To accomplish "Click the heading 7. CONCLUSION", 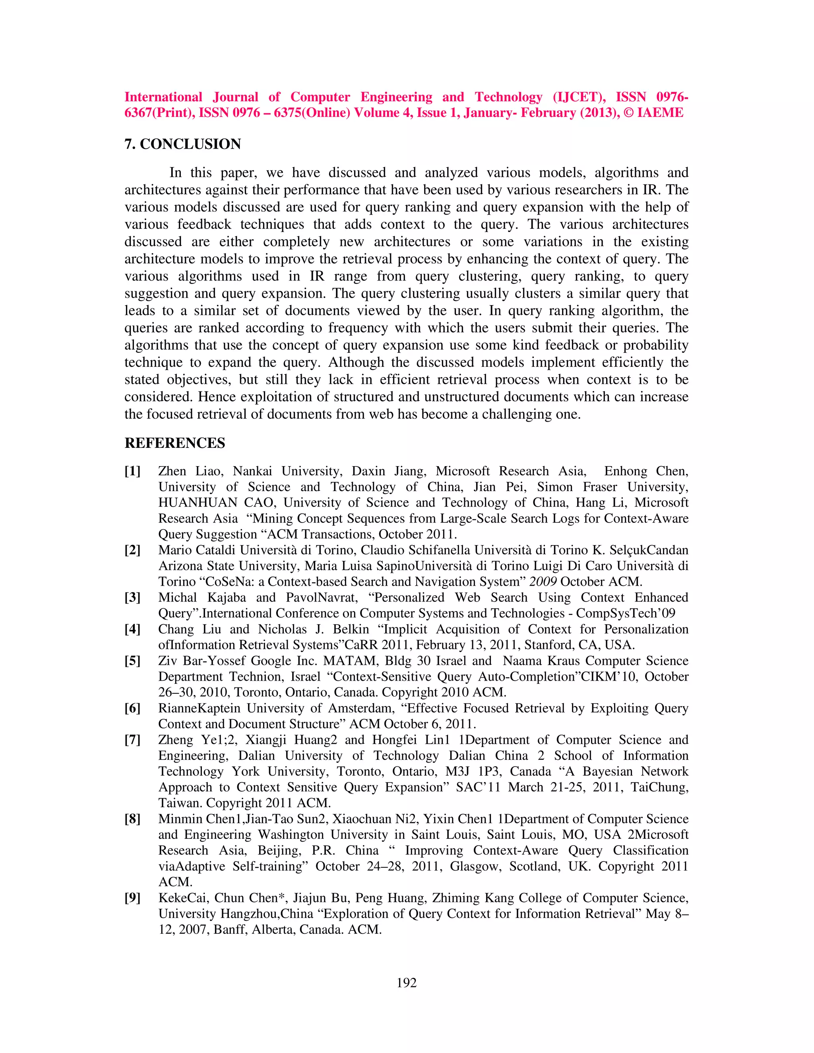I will point(182,144).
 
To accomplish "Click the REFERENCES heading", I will point(174,443).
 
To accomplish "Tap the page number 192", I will point(407,983).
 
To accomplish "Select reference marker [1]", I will point(133,471).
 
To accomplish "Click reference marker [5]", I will point(133,661).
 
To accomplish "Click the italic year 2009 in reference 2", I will point(543,582).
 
